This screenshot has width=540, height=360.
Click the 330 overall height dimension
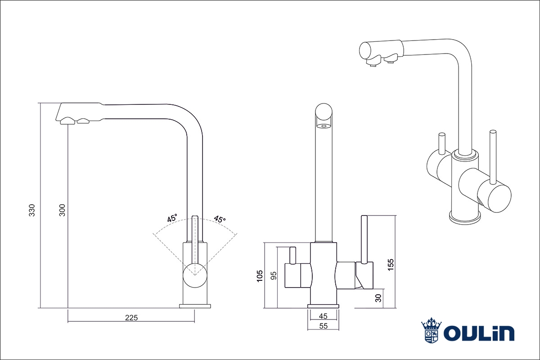click(32, 210)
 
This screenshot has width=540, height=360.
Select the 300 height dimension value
click(63, 210)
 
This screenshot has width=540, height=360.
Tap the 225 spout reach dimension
click(131, 317)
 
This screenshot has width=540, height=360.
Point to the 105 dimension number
click(260, 275)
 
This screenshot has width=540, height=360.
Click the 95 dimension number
click(273, 275)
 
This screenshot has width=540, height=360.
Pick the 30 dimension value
click(378, 298)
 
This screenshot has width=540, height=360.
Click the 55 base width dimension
click(323, 326)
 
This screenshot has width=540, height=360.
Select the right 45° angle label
click(220, 220)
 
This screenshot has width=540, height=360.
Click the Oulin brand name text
click(479, 333)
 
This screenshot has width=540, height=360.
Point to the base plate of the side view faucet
click(195, 306)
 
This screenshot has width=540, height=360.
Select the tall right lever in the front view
click(364, 240)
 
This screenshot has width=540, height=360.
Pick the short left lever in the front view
click(292, 256)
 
